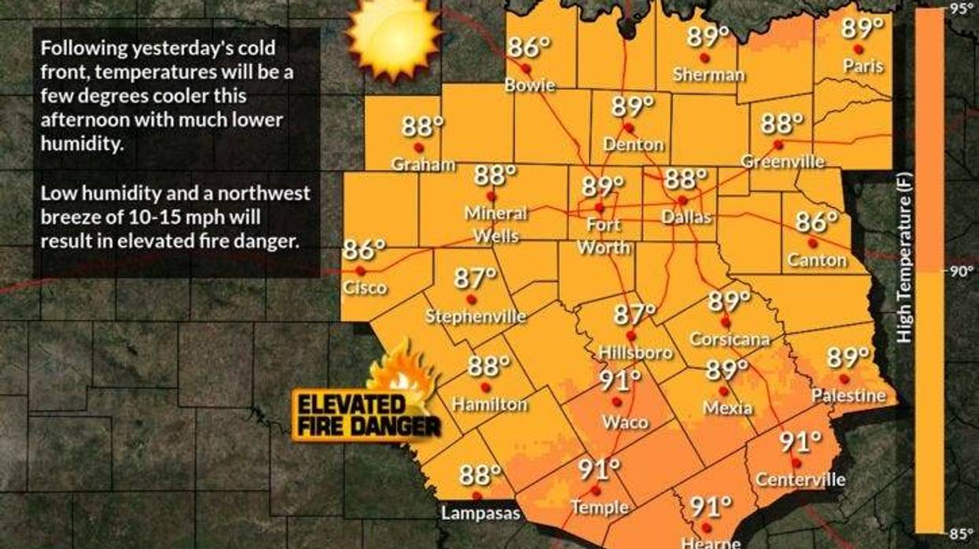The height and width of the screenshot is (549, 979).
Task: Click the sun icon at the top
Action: (392, 32)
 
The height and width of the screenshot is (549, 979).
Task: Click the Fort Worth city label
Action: (603, 236)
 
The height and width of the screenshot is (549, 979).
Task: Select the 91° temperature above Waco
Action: (620, 382)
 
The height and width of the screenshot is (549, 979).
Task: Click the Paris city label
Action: (863, 67)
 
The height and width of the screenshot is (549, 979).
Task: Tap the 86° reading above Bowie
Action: (528, 48)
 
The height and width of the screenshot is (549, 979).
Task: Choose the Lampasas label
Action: (480, 514)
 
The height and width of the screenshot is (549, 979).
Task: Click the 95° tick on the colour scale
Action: (962, 9)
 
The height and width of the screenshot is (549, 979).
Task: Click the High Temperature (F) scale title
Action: (905, 271)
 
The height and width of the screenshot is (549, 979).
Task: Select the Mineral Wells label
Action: (496, 224)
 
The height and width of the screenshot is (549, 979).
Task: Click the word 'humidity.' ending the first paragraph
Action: (83, 145)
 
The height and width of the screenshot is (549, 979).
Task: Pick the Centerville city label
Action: (800, 479)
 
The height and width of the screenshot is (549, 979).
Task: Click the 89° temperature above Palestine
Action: (848, 358)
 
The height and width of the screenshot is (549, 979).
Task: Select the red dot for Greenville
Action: (778, 145)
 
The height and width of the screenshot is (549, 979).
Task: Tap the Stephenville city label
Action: (476, 317)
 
